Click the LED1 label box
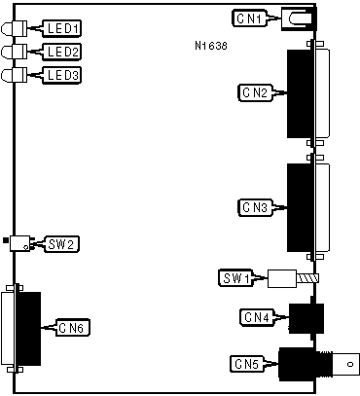tap(61, 28)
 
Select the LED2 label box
tap(61, 52)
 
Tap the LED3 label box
tap(61, 75)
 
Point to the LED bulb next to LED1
tap(15, 28)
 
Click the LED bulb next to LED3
tap(15, 76)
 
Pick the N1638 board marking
tap(211, 46)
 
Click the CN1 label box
tap(249, 18)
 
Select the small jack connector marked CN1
tap(299, 18)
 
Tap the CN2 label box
tap(256, 92)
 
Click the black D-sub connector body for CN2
tap(301, 93)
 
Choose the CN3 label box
tap(256, 207)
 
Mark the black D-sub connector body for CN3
tap(301, 207)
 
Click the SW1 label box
tap(236, 278)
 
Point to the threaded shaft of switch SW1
tap(307, 278)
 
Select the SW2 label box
tap(61, 244)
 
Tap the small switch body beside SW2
tap(20, 243)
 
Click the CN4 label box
tap(257, 317)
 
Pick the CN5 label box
tap(247, 364)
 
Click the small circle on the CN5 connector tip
tap(350, 364)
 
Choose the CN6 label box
tap(73, 328)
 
